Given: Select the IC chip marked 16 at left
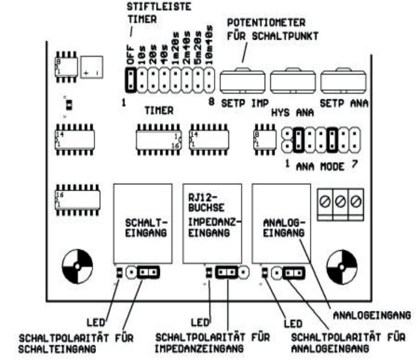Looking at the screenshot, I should tap(77, 199).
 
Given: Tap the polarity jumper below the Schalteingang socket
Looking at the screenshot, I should tap(149, 272).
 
